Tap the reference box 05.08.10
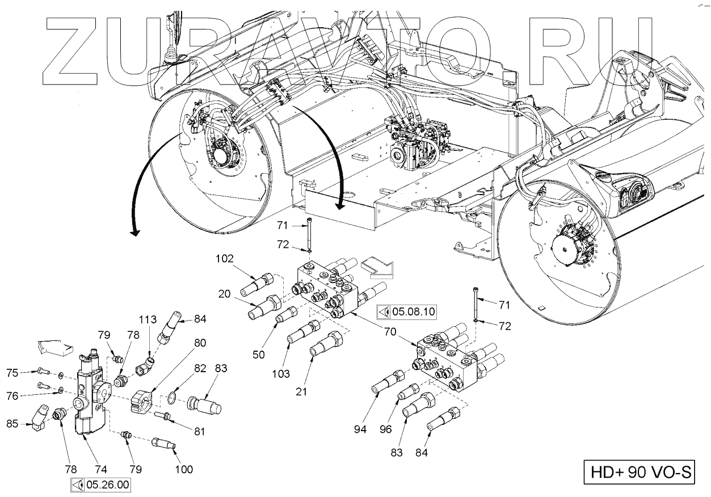(x=406, y=311)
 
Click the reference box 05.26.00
(x=100, y=485)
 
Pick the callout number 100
(x=184, y=469)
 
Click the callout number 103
(x=281, y=374)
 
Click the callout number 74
(x=100, y=469)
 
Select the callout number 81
(x=199, y=431)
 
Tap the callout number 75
(x=13, y=373)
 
